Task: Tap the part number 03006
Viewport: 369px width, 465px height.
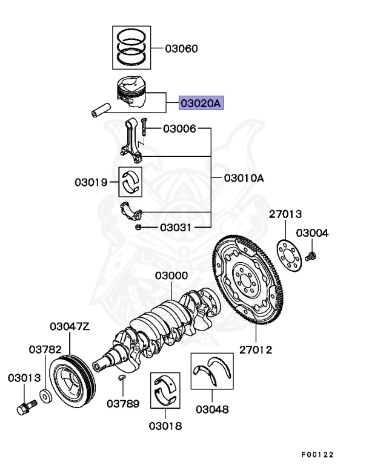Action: point(179,128)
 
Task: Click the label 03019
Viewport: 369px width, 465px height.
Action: point(91,182)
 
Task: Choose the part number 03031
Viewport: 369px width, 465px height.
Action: point(176,228)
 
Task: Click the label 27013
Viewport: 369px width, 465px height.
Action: point(286,214)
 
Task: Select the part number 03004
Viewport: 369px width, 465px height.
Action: point(312,233)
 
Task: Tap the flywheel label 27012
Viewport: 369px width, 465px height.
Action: point(255,350)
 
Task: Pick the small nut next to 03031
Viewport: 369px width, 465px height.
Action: point(139,227)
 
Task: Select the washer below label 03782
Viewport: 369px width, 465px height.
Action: point(45,397)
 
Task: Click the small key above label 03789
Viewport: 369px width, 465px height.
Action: point(122,378)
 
